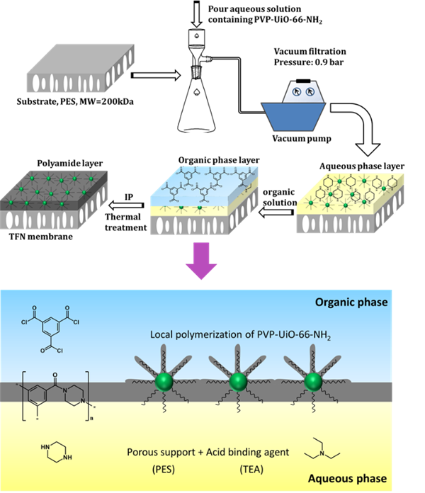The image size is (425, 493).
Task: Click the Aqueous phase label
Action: coord(347,478)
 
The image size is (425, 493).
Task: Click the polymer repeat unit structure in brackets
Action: coord(57,393)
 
